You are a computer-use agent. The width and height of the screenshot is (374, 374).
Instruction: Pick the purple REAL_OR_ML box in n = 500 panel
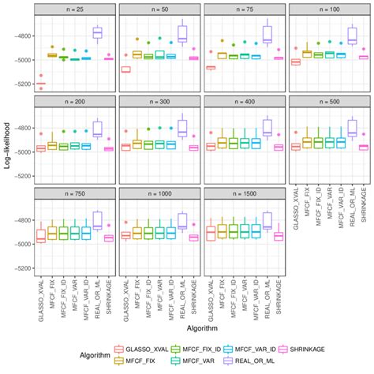pos(351,127)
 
